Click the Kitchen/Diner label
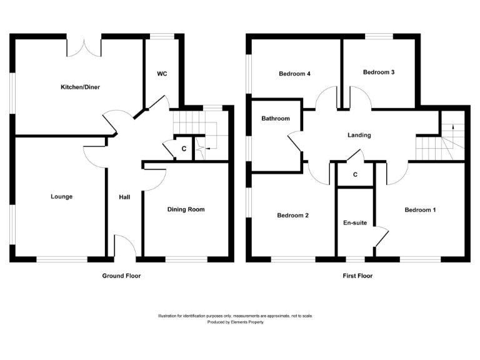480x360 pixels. pos(80,87)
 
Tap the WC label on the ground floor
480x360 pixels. pos(162,74)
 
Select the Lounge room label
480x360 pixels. pos(62,197)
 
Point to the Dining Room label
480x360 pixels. pos(186,209)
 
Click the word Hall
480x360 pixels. pos(124,197)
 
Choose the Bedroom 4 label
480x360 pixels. pos(295,74)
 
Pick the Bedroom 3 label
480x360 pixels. pos(379,72)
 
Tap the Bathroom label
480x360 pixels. pos(276,119)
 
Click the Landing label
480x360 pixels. pos(359,135)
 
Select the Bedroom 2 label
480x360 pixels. pos(293,216)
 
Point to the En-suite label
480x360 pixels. pos(355,222)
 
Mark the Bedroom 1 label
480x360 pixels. pos(420,209)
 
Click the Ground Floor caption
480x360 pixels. pos(121,276)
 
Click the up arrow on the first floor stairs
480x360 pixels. pos(452,127)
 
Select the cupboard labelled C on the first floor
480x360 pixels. pos(355,175)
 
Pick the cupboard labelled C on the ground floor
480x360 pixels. pos(184,149)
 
